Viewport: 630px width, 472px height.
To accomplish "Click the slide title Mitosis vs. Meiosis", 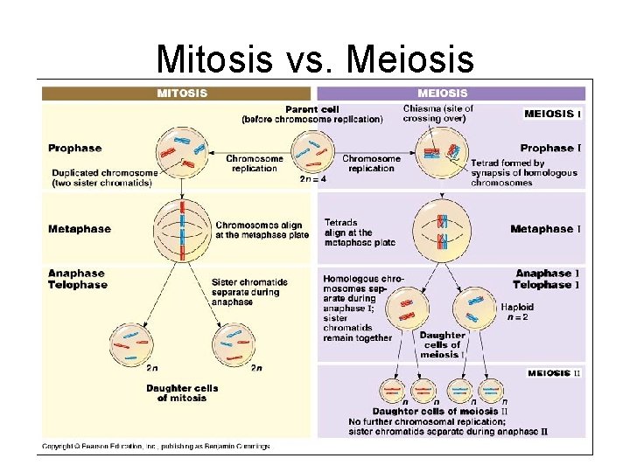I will [315, 59].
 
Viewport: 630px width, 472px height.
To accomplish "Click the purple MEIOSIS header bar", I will [450, 93].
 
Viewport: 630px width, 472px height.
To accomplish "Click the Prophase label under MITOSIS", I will [75, 149].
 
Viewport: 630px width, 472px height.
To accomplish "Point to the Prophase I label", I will [550, 149].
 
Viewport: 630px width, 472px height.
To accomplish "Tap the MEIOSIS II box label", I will [554, 374].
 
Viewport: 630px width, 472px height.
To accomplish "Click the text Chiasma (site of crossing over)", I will [438, 114].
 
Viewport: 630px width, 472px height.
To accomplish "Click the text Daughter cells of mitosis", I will [182, 392].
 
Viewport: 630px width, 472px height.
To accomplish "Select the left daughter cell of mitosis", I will [129, 344].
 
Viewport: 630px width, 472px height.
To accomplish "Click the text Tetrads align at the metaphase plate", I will [359, 233].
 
